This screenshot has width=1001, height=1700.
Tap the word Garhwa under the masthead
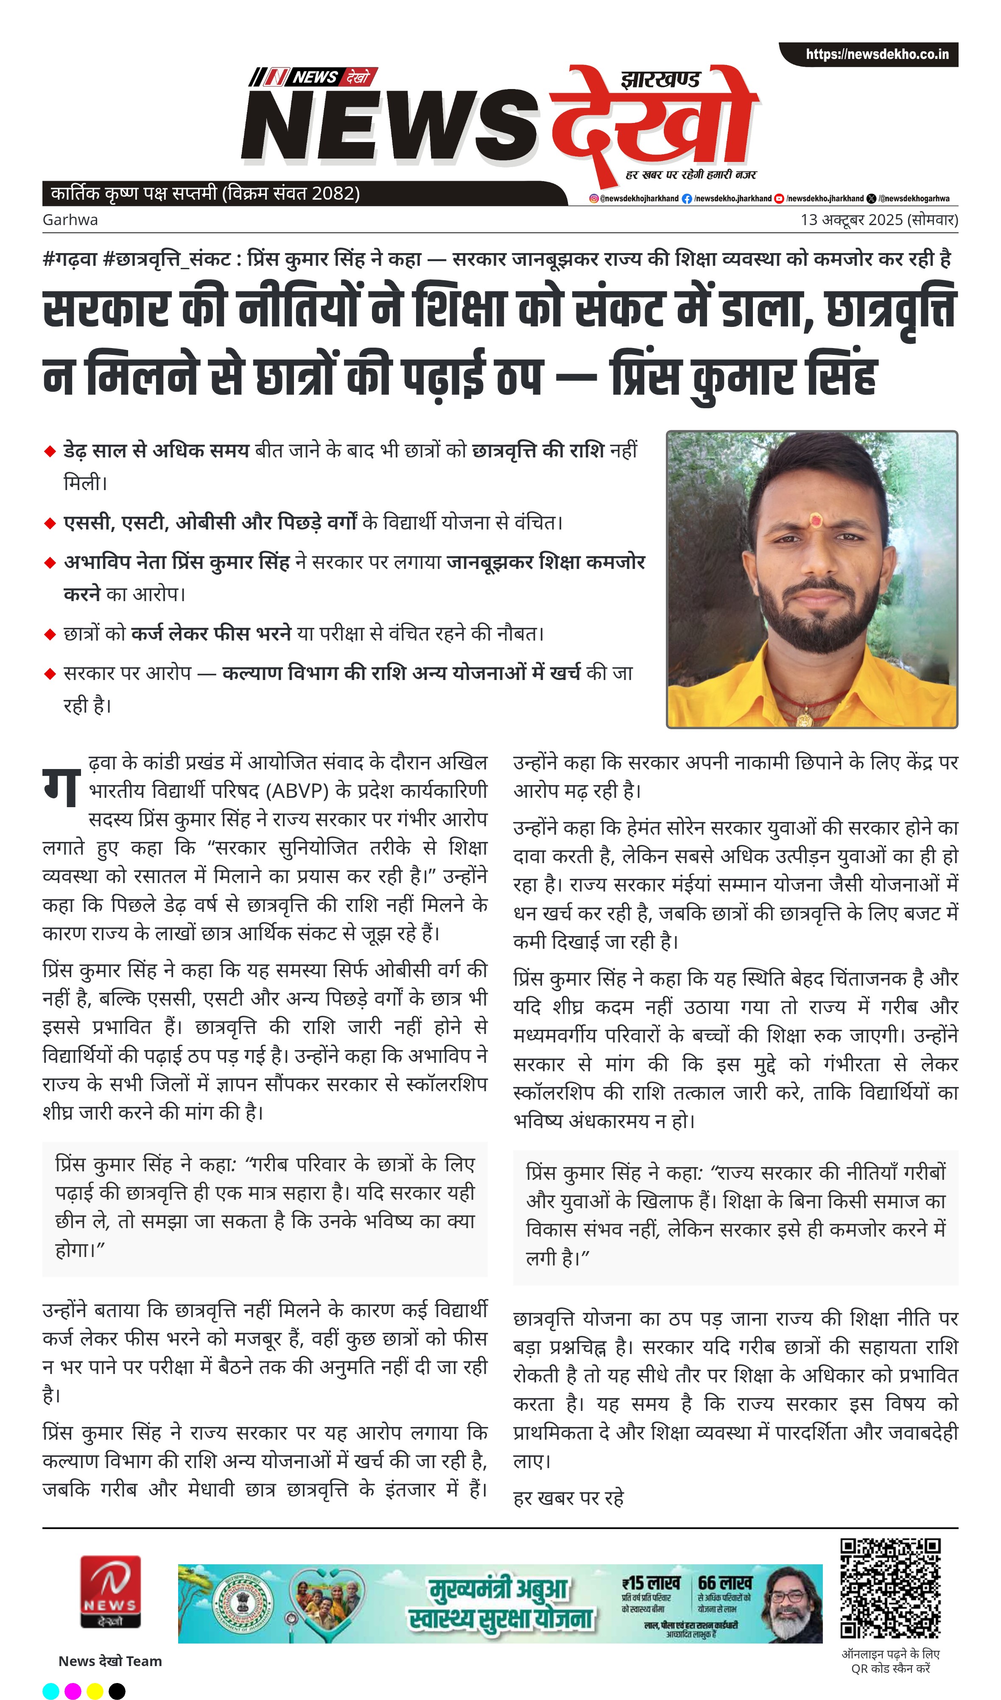coord(70,220)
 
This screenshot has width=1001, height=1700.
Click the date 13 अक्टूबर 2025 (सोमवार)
coord(879,220)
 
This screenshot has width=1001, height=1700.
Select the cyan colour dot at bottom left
coord(50,1691)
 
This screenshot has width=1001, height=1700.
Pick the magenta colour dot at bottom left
coord(73,1691)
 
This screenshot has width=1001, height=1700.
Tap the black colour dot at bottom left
coord(117,1691)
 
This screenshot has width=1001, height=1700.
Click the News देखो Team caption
coord(110,1661)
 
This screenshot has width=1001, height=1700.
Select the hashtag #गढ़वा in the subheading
coord(70,259)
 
